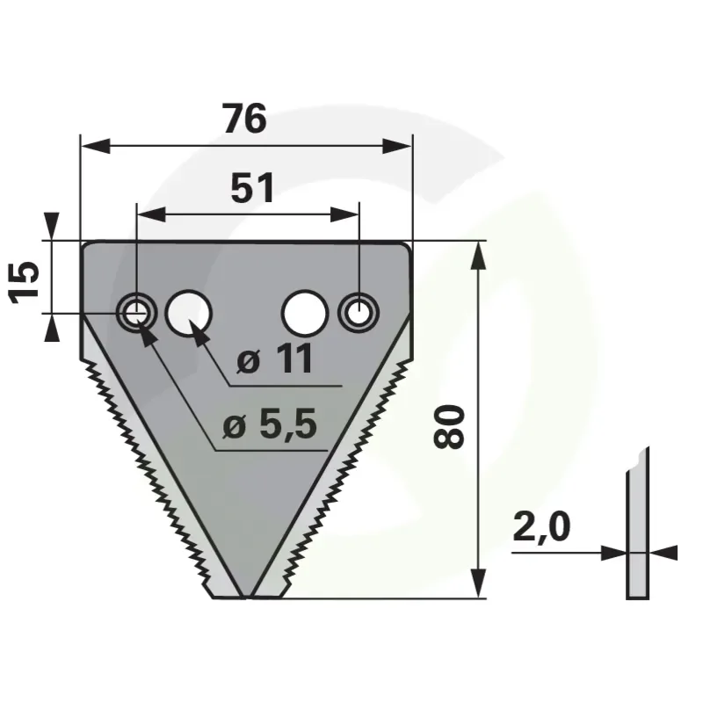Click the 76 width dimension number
245,119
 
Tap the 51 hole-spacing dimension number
252,188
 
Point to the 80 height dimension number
448,426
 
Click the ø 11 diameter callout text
274,359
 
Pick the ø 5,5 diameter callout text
270,424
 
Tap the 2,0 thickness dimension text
541,528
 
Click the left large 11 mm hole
188,313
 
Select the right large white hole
305,313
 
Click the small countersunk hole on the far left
136,313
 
